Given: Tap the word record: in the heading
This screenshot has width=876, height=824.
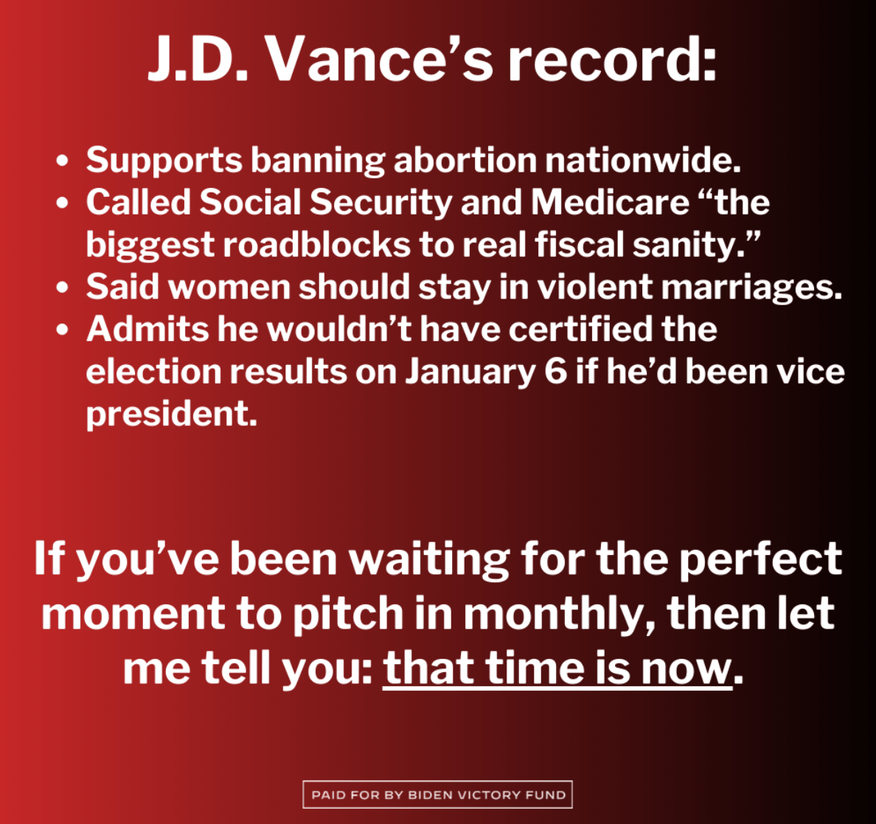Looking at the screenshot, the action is coord(612,59).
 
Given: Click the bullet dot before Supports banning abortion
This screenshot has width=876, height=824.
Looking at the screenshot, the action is coord(62,161).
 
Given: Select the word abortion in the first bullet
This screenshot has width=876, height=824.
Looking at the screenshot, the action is coord(465,160).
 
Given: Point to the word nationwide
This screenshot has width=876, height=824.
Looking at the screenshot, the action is coord(642,160).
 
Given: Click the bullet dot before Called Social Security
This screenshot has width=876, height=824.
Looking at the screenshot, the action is coord(62,203).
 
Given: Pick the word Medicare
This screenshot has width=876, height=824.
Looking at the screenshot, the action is coord(610,202).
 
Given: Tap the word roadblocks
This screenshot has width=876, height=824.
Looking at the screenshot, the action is coord(317,245).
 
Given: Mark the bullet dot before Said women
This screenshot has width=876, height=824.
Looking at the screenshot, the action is coord(62,287).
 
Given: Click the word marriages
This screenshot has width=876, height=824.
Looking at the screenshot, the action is coord(751,287).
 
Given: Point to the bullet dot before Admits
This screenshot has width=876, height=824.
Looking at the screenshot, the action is coord(62,329).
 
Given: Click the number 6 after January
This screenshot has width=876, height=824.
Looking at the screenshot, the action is coord(556,371).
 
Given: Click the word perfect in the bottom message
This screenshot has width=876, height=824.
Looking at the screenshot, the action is coord(760,559).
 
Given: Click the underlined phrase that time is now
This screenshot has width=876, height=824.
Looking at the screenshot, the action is coord(557,668).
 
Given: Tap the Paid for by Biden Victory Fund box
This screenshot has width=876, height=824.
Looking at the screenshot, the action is coord(438,795).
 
